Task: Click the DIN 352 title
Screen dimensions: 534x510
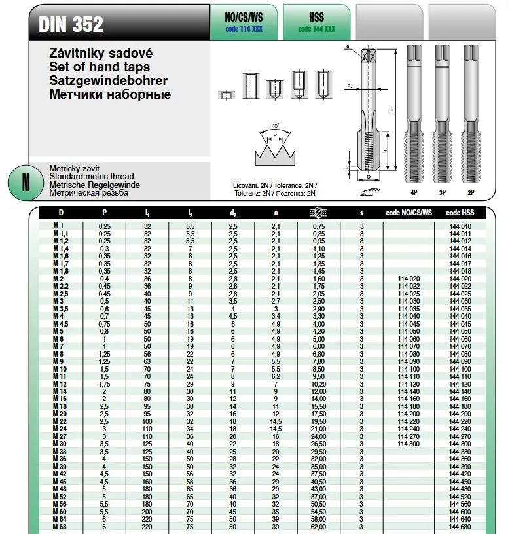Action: (71, 24)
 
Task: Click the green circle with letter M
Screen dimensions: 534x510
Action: (25, 182)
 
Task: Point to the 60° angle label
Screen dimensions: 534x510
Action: (274, 125)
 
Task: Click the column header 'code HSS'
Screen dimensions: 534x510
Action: (461, 213)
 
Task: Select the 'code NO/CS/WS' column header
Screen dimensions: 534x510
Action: (409, 213)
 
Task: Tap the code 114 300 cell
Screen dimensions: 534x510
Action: (409, 444)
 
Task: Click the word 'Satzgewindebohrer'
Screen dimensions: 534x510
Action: (109, 80)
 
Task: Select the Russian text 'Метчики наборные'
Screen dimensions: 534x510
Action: (110, 94)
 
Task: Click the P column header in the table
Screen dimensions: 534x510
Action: (104, 213)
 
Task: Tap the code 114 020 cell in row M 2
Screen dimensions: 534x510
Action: (409, 279)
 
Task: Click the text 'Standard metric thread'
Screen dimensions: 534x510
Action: (92, 177)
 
